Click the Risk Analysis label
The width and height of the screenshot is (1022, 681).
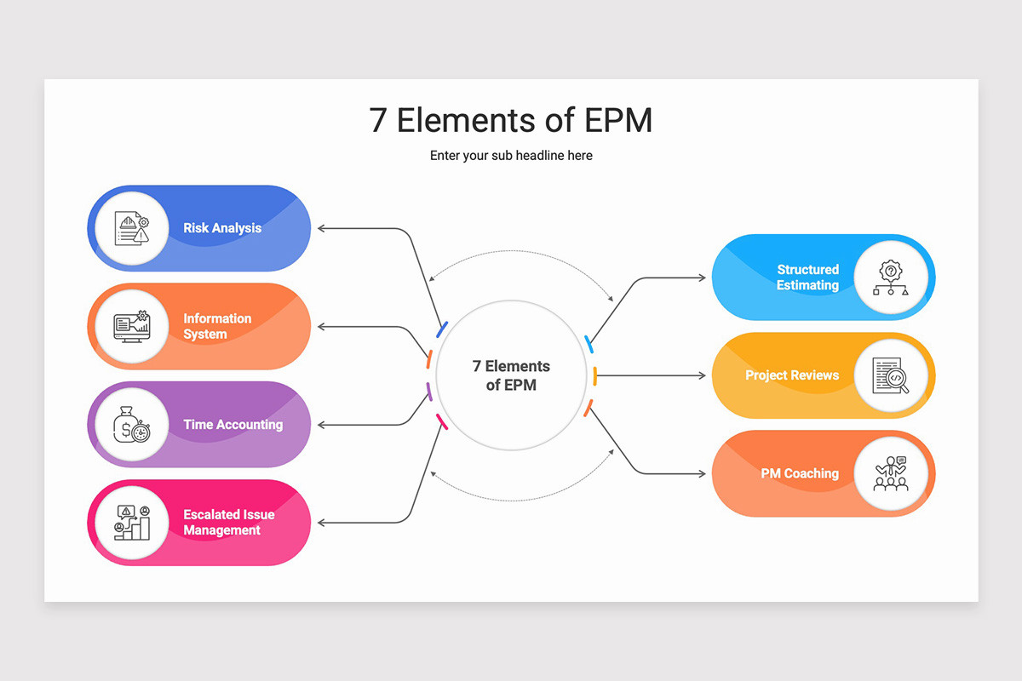click(x=222, y=227)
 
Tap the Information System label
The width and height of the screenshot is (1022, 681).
click(x=217, y=326)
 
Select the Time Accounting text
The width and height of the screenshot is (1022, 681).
click(x=233, y=424)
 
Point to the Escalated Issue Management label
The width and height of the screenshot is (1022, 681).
click(x=228, y=523)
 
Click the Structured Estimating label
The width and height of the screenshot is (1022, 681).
click(x=807, y=277)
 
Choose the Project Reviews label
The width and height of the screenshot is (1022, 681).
click(x=792, y=375)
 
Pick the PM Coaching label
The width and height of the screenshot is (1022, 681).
click(x=800, y=473)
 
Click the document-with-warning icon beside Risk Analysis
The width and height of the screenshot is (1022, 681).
click(x=132, y=228)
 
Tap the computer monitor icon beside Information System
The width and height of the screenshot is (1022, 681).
click(x=132, y=326)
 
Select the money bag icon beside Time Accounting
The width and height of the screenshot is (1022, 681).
click(x=132, y=425)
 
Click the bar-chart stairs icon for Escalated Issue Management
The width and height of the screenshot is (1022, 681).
click(x=132, y=523)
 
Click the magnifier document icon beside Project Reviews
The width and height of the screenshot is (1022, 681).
click(x=891, y=375)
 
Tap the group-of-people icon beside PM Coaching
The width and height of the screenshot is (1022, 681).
click(x=891, y=473)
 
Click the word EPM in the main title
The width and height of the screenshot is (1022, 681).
click(x=618, y=120)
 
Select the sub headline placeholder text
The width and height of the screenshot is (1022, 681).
click(x=511, y=156)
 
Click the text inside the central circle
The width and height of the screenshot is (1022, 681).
click(x=511, y=375)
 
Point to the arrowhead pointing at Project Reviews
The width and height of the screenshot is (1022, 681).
click(x=703, y=375)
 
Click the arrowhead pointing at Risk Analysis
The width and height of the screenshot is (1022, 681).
click(x=321, y=228)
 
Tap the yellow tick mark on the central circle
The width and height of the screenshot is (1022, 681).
click(x=595, y=376)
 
